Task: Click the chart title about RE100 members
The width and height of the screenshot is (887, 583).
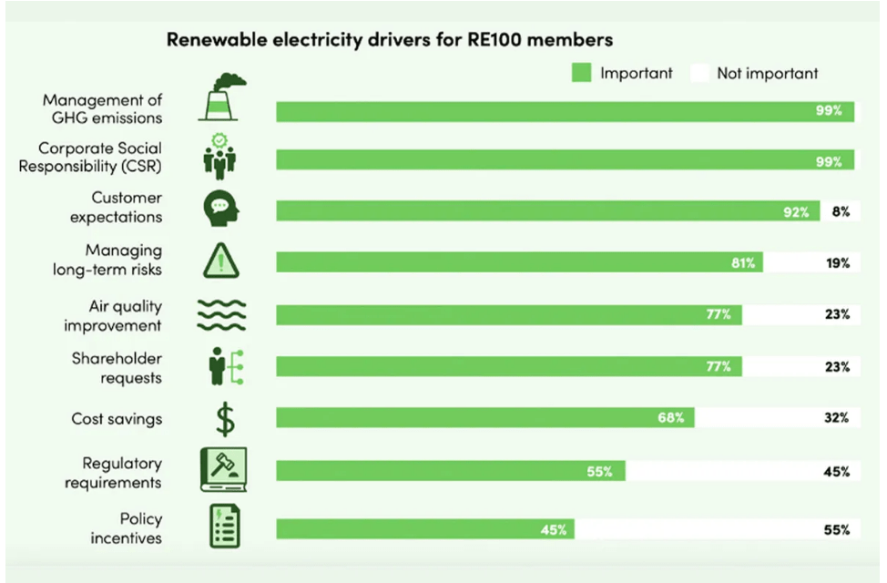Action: coord(388,40)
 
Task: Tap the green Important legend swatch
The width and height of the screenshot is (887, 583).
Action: coord(581,73)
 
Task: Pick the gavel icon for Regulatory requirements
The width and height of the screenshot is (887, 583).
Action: coord(222,471)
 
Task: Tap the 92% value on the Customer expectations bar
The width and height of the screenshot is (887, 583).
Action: coord(795,212)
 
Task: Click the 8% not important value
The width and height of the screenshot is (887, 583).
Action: coord(841,212)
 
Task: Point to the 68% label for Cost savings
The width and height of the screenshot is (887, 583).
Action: coord(670,418)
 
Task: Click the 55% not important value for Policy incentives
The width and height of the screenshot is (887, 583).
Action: coord(838,529)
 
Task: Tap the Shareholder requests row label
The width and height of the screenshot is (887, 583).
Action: coord(117,368)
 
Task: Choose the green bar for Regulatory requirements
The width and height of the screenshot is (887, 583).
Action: coord(451,471)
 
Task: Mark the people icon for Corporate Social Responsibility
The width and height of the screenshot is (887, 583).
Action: coord(219,156)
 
